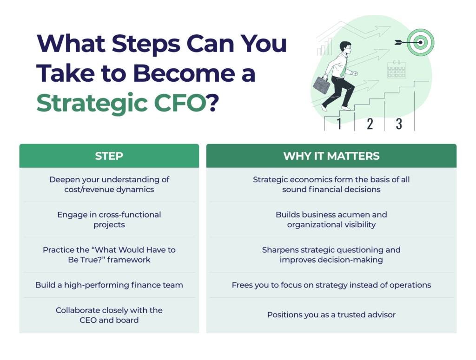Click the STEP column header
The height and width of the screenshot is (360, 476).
pos(109,156)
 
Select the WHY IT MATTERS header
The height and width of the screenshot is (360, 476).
pos(331,156)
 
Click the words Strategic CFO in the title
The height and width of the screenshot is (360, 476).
pos(121,103)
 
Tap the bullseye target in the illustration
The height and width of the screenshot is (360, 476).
pos(420,42)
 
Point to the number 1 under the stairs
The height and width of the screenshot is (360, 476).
pos(339,124)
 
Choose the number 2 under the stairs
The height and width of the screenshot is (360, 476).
pos(370,124)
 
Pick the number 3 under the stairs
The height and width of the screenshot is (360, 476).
pos(399,124)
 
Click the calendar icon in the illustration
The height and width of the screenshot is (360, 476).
pos(397,70)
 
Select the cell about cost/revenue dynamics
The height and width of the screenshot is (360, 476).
pos(109,184)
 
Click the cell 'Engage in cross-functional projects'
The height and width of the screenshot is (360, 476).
pos(109,220)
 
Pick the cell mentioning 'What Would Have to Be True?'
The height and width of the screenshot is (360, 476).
pos(109,255)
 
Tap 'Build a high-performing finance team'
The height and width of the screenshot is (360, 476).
pos(109,285)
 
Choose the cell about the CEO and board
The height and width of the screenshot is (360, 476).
pos(109,315)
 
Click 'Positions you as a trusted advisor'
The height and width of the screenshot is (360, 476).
pos(331,315)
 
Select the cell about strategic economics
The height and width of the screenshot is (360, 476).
pos(331,184)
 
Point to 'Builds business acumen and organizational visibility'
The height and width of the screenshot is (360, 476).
pos(331,220)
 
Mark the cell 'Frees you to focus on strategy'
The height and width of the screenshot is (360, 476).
pos(331,285)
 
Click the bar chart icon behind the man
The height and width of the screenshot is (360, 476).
pos(325,47)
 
